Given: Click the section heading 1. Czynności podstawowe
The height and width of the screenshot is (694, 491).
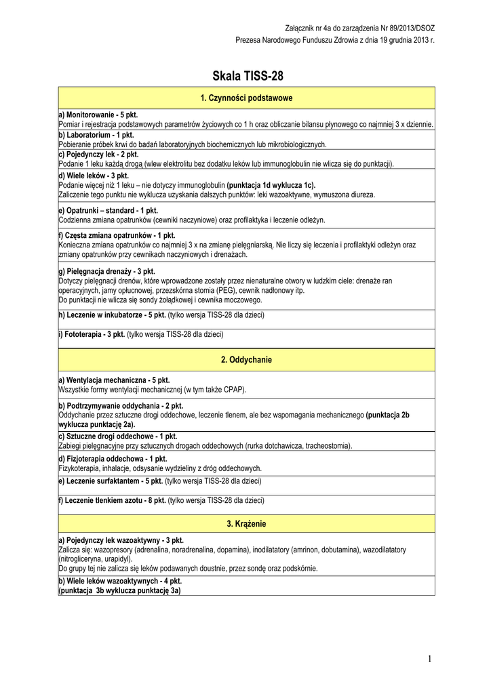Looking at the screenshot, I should click(x=246, y=98).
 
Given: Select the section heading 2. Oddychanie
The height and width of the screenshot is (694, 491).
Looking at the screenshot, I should click(x=246, y=360).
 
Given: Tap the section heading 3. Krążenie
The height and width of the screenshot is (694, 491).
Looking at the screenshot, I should click(x=246, y=524).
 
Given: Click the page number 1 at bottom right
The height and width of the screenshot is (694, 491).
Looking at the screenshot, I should click(x=430, y=659).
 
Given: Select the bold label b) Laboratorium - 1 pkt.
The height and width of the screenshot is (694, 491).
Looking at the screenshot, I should click(x=96, y=135).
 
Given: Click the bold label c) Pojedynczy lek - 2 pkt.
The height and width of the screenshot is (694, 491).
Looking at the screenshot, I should click(x=98, y=155).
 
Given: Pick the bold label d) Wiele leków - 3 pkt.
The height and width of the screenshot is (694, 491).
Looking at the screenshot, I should click(x=94, y=175).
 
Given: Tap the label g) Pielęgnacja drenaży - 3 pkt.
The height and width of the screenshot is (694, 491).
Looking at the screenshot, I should click(x=107, y=271).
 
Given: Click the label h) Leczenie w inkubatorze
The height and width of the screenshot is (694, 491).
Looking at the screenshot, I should click(x=112, y=315).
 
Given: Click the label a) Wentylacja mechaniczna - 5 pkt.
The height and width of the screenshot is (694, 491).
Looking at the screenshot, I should click(x=114, y=380).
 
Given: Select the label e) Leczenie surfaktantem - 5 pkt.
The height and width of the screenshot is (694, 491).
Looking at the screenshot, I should click(x=111, y=481).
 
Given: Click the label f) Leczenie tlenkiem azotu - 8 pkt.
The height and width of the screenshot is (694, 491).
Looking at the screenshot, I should click(x=113, y=500).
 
